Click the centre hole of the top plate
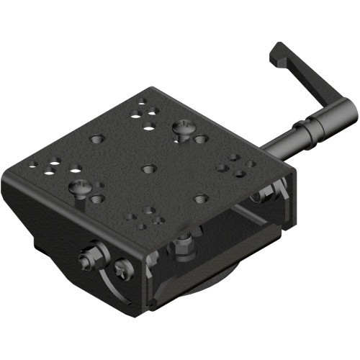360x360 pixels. pos(148,168)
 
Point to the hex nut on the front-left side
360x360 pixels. pos(93,258)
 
